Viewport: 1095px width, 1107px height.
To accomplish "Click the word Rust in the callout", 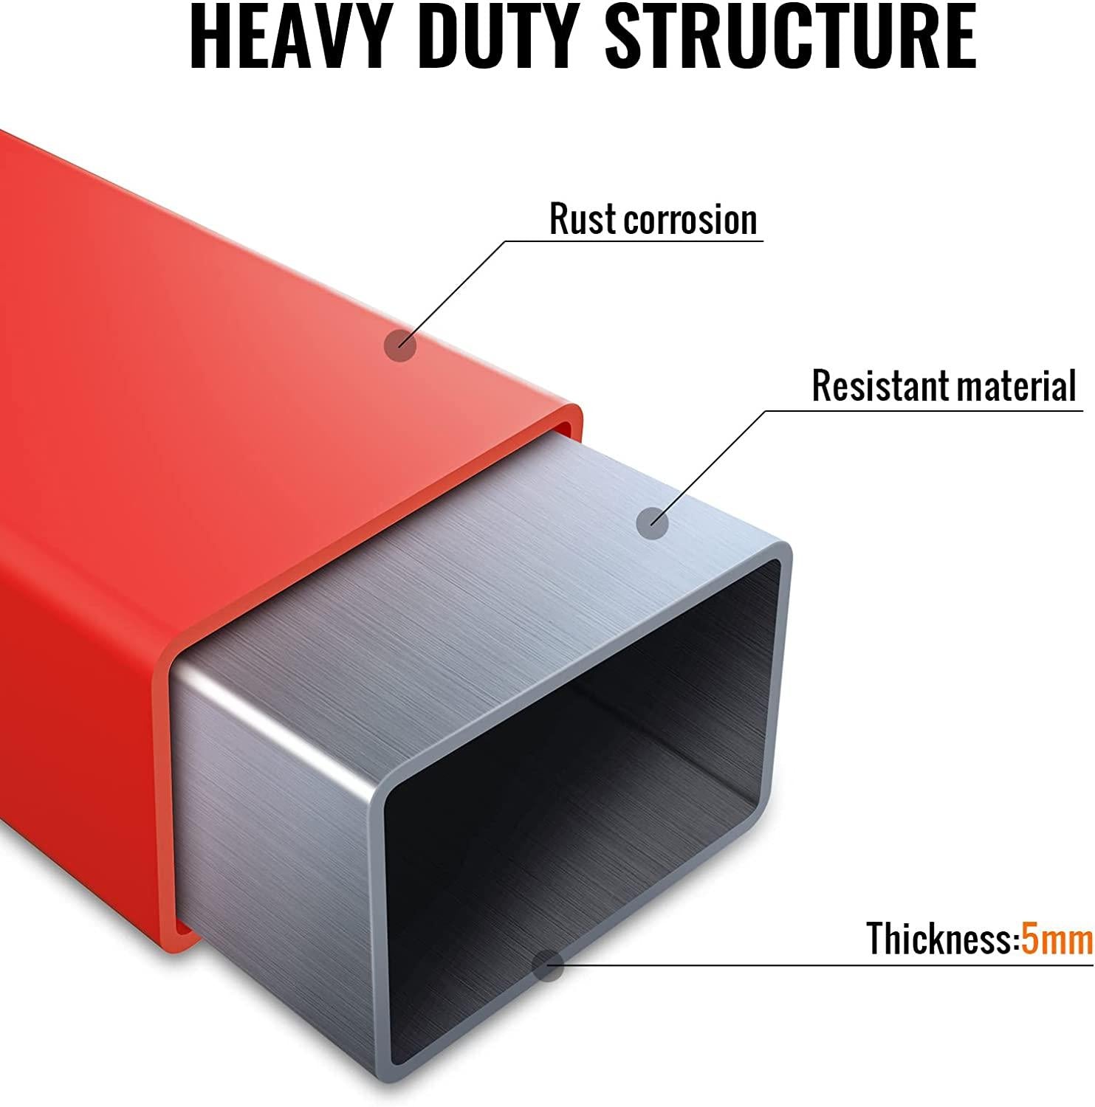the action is pyautogui.click(x=583, y=219).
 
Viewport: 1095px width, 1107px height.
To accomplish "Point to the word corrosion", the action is pyautogui.click(x=690, y=221).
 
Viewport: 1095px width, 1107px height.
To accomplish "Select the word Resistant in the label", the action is pyautogui.click(x=880, y=385).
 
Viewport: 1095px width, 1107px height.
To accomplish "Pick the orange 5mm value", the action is pyautogui.click(x=1057, y=939).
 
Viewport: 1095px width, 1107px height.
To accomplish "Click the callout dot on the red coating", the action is pyautogui.click(x=401, y=345).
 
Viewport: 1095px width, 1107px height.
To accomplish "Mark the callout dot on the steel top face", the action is pyautogui.click(x=653, y=523).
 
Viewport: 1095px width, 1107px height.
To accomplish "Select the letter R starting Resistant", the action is pyautogui.click(x=822, y=385).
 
